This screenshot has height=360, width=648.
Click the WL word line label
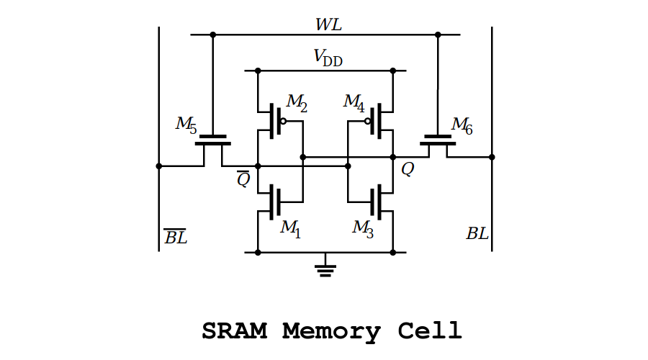328,25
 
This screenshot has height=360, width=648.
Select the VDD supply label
328,58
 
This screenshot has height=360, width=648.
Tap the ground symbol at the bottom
325,269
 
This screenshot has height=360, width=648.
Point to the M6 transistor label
462,125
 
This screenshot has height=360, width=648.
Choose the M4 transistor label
354,103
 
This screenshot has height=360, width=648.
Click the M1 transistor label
290,229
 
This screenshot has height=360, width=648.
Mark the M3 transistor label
362,229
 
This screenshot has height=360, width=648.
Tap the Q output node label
408,170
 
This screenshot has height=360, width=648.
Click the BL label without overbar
477,234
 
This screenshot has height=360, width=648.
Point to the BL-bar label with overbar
175,237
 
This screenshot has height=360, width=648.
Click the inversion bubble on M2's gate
283,122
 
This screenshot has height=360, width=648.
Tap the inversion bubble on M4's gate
367,122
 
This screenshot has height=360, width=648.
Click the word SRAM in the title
233,332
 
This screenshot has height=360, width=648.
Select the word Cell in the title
430,332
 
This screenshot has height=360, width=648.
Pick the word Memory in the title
332,333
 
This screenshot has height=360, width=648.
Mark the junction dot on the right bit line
492,156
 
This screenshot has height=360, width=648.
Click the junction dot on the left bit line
159,166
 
